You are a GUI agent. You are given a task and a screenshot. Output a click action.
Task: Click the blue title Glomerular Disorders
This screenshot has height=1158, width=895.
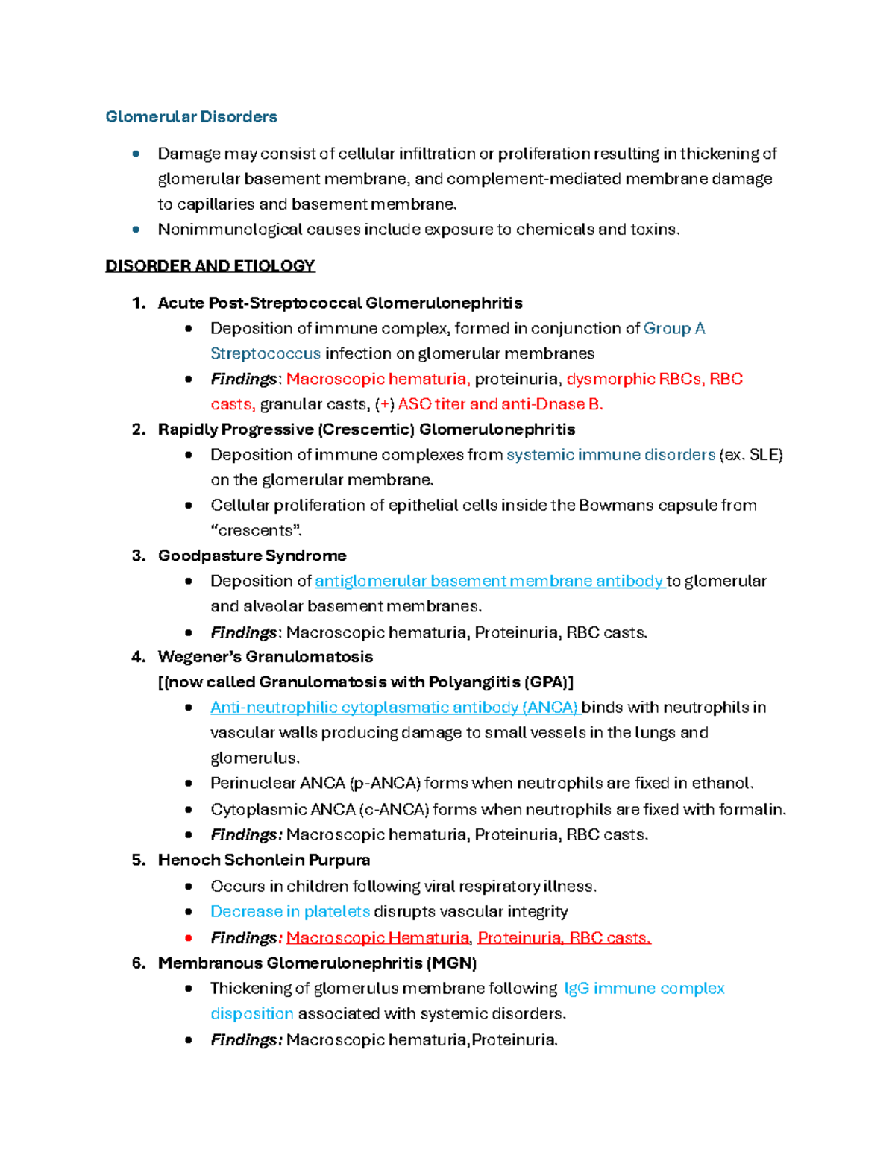(191, 116)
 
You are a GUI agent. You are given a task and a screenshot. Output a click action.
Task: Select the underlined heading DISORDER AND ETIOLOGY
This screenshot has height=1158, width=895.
(210, 266)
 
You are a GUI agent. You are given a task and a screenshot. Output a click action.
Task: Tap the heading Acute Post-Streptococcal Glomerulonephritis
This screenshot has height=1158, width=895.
(339, 303)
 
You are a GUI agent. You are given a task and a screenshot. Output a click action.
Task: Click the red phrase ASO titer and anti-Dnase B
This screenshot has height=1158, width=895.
(500, 404)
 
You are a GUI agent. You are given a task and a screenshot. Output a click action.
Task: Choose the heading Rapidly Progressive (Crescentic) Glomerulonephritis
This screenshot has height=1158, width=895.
(366, 429)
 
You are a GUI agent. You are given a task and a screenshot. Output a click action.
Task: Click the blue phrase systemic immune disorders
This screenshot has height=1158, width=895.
(610, 455)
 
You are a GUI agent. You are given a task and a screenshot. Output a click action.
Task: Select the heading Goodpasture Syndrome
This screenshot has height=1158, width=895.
(252, 556)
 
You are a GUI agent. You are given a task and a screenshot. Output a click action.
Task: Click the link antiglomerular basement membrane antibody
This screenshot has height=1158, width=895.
(489, 581)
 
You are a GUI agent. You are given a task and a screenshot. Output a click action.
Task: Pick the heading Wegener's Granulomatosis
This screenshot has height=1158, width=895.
(265, 657)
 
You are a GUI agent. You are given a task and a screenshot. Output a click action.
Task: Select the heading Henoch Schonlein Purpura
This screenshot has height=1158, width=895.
(264, 860)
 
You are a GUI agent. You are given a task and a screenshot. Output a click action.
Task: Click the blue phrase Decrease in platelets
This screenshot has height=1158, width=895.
(290, 911)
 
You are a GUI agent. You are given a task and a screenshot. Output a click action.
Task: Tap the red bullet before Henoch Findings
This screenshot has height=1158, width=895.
(189, 938)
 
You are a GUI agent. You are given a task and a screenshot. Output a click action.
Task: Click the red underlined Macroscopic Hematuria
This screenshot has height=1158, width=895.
(377, 938)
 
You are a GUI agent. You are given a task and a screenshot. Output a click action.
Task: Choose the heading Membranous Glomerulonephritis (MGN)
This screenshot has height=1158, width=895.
(317, 963)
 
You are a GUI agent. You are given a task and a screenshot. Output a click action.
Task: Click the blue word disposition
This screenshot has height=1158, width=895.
(252, 1014)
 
